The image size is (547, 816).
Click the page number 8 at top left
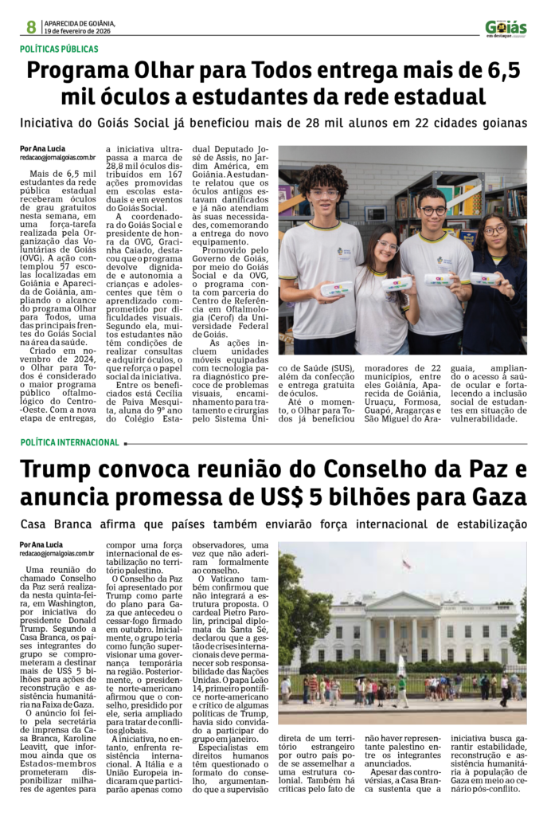[x=31, y=27]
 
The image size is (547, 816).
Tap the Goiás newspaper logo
[x=506, y=28]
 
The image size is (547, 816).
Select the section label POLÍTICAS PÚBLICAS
[x=60, y=49]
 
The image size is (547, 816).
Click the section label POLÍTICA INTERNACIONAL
[x=69, y=442]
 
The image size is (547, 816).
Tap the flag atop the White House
[x=407, y=564]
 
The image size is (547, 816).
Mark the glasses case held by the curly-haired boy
[x=337, y=288]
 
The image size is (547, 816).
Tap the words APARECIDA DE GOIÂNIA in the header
[x=80, y=23]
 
